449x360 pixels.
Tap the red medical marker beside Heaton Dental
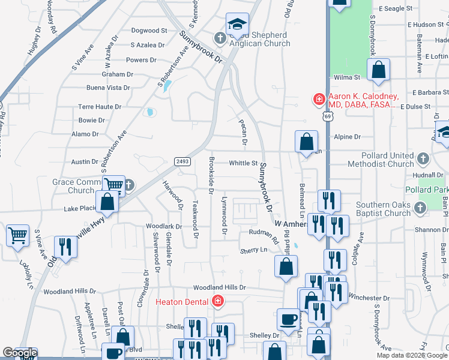218,301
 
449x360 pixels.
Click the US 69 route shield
327,118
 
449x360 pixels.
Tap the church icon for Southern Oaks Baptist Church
420,207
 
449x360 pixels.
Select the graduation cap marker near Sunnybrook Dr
237,25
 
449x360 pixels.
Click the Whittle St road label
243,163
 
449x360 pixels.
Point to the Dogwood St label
149,30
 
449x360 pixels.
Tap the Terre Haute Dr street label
100,106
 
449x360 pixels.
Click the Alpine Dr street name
348,137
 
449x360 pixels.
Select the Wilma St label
346,77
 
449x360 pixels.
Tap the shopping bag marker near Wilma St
379,71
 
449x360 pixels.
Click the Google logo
19,353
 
